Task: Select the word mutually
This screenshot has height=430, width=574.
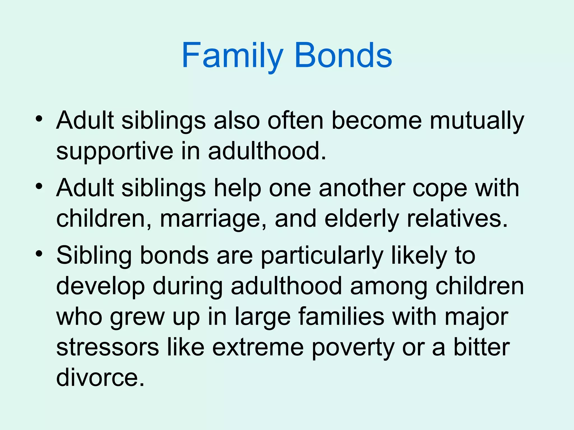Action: tap(477, 121)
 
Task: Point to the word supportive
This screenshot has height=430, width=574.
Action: tap(115, 151)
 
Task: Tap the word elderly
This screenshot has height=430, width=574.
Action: tap(362, 219)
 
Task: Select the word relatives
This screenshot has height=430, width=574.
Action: tap(457, 219)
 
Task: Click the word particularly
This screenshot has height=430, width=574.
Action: tap(322, 256)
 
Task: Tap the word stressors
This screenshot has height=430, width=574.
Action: tap(108, 347)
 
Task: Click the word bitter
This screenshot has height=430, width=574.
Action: tap(482, 347)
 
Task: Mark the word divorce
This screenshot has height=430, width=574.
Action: tap(100, 378)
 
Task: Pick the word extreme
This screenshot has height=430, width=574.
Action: tap(258, 347)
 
